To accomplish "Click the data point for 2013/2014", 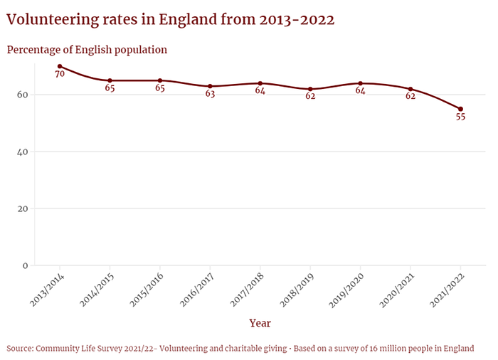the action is tap(60, 66).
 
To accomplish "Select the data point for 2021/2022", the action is tap(460, 109).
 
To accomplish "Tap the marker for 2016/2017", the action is tap(210, 86).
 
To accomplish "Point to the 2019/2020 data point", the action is tap(360, 83).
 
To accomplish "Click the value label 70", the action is tap(60, 74).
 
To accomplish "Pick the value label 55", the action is tap(460, 117).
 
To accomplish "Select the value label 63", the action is tap(210, 94).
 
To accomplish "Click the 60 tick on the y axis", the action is tap(23, 95).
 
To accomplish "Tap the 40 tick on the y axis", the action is tap(23, 152).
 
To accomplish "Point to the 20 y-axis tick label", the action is tap(23, 208).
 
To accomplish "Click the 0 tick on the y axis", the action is tap(26, 265).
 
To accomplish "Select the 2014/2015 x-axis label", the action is tap(97, 290).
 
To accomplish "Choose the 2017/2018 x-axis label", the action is tap(247, 290).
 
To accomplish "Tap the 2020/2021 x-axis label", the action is tap(397, 290).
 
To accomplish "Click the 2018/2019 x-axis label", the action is tap(297, 290).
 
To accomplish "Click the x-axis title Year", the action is tap(260, 323).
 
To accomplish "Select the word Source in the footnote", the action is tap(20, 349).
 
